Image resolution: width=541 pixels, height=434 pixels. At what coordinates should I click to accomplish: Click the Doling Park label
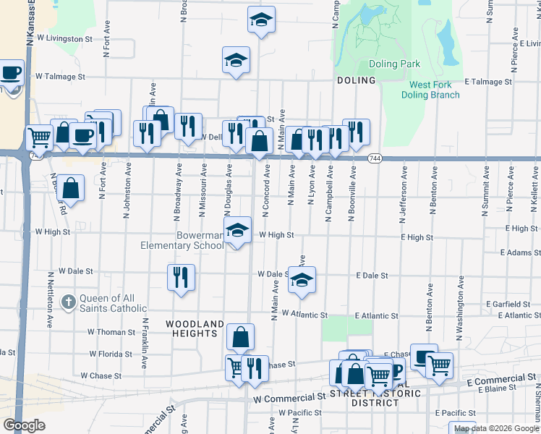(x=394, y=64)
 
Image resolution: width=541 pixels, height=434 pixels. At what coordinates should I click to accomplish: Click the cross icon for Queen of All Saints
(x=69, y=301)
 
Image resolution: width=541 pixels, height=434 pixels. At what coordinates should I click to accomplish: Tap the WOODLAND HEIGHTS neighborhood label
(x=192, y=328)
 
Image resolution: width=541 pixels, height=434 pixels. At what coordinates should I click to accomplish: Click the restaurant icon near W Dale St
(x=181, y=277)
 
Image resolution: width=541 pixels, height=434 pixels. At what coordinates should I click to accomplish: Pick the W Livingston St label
(x=64, y=38)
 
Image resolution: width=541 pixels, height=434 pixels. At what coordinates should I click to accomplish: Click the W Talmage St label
(x=60, y=76)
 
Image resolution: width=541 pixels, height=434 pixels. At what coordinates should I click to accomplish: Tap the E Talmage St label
(x=488, y=82)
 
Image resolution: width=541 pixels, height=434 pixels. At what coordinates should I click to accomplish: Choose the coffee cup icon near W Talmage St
(x=11, y=73)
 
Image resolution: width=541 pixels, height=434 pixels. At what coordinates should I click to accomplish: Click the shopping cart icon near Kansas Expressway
(x=38, y=137)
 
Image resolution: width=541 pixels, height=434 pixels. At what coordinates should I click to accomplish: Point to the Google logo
(x=25, y=425)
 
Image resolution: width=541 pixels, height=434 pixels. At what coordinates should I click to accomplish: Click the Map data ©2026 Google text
(x=496, y=428)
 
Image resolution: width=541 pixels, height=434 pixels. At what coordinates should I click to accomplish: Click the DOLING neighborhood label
(x=356, y=80)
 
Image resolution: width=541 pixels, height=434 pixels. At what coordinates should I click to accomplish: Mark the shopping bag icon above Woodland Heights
(x=241, y=337)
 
